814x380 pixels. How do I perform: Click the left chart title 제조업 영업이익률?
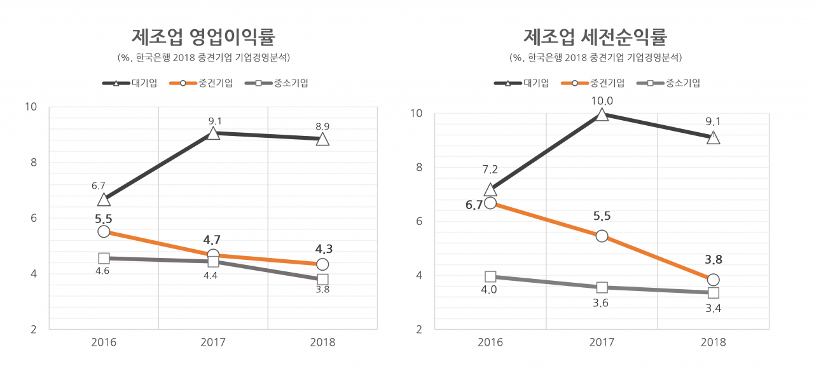pos(203,37)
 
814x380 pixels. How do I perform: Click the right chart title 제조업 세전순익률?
pos(595,37)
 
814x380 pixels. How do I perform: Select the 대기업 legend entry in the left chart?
pos(129,83)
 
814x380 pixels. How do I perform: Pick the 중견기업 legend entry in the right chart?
pos(593,83)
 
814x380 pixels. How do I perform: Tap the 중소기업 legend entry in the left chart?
pos(277,83)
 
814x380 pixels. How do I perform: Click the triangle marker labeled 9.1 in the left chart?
pos(213,133)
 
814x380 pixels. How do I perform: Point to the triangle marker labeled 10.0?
pos(602,114)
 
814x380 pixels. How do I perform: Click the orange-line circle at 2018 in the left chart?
pos(322,264)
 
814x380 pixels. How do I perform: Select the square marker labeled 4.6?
pos(104,258)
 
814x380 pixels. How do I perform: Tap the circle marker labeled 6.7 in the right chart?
pos(490,203)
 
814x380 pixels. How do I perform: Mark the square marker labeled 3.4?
pos(714,293)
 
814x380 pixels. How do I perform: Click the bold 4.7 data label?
pos(212,240)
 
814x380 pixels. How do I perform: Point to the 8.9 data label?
pos(322,126)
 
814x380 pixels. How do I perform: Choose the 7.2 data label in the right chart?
pos(490,169)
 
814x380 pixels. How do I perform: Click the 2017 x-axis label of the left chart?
pos(213,343)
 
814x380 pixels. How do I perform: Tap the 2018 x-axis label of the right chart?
pos(714,343)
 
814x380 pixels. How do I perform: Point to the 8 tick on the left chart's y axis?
pos(34,163)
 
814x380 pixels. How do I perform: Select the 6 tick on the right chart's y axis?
pos(419,221)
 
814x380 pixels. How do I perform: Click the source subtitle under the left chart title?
pos(203,58)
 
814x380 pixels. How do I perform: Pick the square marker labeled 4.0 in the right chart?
pos(490,276)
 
